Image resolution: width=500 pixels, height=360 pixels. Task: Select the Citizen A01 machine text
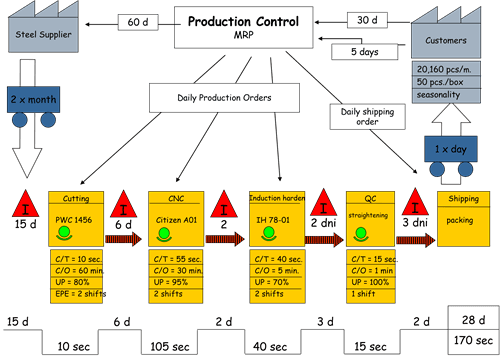point(172,217)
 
